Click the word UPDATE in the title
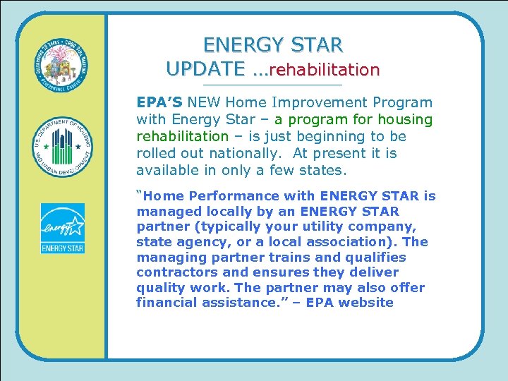202,68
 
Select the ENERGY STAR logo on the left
62,229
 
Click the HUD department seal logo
63,147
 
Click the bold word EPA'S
159,102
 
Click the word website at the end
365,303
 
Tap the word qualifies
377,257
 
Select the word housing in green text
404,119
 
